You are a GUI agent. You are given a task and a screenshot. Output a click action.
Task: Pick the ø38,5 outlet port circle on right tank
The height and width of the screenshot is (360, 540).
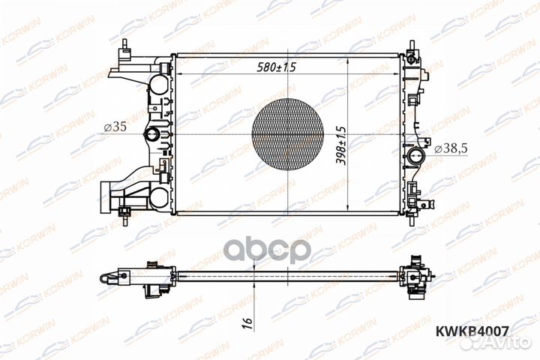point(415,157)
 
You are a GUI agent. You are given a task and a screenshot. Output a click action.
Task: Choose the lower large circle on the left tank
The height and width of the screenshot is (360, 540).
point(160,198)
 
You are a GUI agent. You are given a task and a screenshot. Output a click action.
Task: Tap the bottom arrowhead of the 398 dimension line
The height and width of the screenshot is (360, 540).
point(350,211)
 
